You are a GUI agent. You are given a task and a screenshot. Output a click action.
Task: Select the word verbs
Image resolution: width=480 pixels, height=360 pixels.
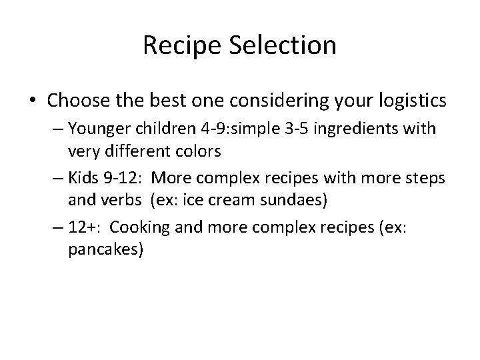(113, 199)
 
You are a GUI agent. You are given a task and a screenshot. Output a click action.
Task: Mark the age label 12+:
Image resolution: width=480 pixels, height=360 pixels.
(84, 227)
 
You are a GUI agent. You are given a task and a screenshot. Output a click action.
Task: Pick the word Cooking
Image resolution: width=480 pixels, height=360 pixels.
(136, 227)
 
